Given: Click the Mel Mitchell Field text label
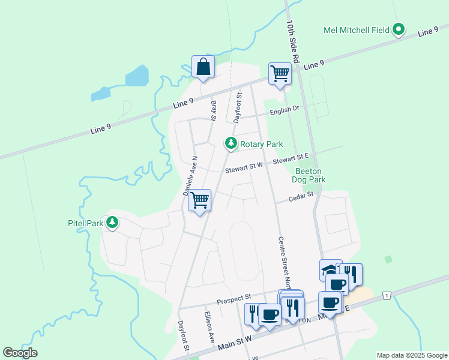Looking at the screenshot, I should click(x=355, y=30).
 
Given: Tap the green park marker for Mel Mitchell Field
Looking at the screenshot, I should click(x=399, y=29).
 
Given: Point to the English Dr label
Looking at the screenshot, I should click(x=285, y=110).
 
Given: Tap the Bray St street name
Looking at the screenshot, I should click(x=213, y=110).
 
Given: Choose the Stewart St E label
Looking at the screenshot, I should click(x=291, y=159).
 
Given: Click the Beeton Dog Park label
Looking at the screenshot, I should click(x=309, y=175).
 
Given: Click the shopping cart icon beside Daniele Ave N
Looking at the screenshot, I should click(x=199, y=201).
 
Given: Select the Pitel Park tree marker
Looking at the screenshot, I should click(x=112, y=223).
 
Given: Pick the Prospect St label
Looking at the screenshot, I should click(x=234, y=298).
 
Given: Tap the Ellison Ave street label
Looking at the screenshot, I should click(x=209, y=326).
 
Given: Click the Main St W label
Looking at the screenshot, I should click(x=235, y=341).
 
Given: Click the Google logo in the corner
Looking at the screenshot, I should click(x=20, y=353).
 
